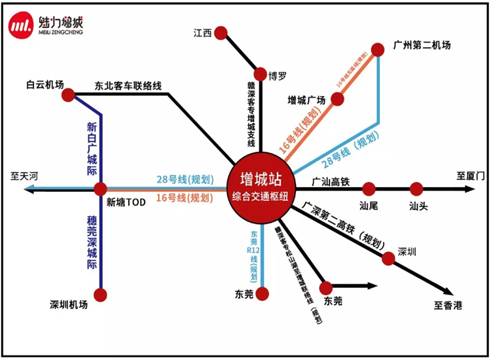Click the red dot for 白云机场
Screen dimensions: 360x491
tap(68, 96)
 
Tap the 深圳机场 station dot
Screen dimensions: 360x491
tap(100, 295)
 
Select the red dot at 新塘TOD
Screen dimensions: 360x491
tap(100, 189)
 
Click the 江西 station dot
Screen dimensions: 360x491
tap(221, 33)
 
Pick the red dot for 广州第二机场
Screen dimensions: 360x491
tap(378, 49)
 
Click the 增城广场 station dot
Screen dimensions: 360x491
tap(338, 99)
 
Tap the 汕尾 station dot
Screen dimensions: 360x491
tap(369, 189)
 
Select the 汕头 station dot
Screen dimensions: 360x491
tap(416, 189)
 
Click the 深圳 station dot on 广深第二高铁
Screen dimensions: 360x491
tap(389, 259)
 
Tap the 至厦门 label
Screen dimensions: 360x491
tap(471, 176)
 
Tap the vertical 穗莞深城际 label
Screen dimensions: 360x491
tap(92, 243)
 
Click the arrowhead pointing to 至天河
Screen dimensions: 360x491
tap(27, 189)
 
